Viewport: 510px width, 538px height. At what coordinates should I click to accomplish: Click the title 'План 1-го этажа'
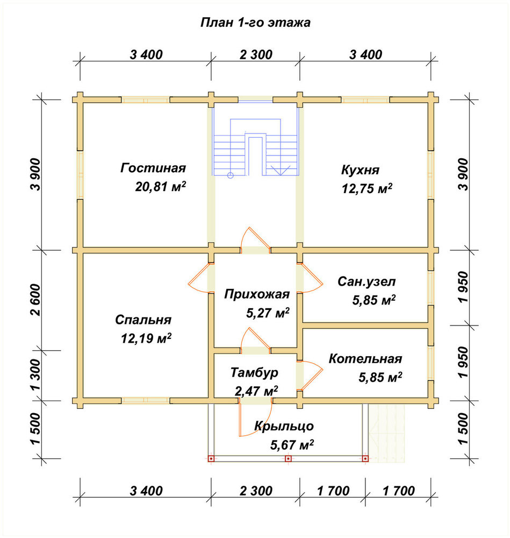coord(255,23)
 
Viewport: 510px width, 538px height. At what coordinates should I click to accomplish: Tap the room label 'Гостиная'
coord(153,168)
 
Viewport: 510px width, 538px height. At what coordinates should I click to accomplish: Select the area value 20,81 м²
coord(160,187)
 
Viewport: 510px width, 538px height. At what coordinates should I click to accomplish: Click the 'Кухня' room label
coord(360,170)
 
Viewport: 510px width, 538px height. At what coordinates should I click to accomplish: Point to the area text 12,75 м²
coord(367,188)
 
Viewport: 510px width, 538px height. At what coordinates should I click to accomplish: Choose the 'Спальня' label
coord(143,320)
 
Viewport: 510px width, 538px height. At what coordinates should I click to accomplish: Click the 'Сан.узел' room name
coord(367,282)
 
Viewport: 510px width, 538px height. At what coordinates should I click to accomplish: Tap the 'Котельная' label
coord(365,359)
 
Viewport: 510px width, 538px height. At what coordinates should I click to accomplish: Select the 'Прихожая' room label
coord(257,294)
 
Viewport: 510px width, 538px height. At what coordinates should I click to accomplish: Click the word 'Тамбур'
coord(254,373)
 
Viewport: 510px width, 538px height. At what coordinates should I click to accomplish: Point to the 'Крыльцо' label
coord(284,426)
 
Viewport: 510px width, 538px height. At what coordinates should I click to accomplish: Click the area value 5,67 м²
coord(292,445)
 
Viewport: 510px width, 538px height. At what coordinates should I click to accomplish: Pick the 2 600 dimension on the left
coord(35,300)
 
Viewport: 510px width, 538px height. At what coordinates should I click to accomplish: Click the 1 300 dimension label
coord(35,375)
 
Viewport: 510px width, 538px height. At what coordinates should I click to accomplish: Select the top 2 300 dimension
coord(256,54)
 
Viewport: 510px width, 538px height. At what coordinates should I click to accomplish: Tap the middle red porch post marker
coord(288,458)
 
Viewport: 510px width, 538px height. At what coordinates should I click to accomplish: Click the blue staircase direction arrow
coord(281,170)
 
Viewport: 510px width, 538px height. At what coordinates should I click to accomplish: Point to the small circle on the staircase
coord(231,175)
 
